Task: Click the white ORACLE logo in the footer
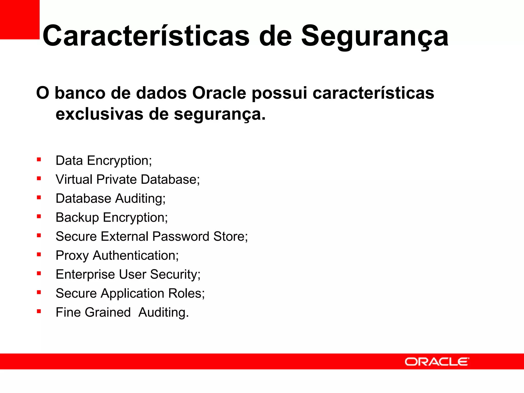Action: pos(437,362)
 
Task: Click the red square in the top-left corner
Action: pos(20,19)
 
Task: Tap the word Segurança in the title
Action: pos(375,36)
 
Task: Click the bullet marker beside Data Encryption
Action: pos(39,160)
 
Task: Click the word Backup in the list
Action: pos(77,218)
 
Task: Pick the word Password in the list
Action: pos(181,236)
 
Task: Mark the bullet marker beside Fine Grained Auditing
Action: pos(39,311)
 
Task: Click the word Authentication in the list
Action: pos(136,255)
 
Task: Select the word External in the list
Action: pos(125,236)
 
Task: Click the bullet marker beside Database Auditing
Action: pos(39,198)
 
